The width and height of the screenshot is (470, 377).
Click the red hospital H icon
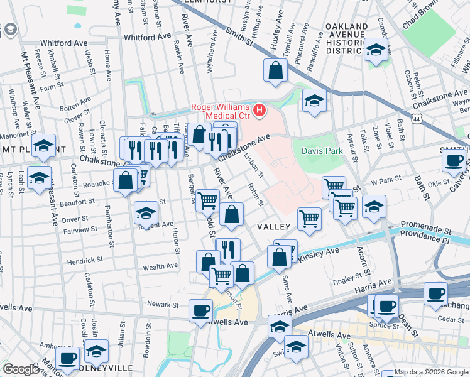click(x=259, y=111)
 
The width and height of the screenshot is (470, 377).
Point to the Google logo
click(x=21, y=369)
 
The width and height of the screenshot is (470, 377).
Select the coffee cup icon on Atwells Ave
click(x=200, y=310)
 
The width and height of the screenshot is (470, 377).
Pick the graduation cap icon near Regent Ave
click(x=146, y=213)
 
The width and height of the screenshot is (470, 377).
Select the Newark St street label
click(x=161, y=304)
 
